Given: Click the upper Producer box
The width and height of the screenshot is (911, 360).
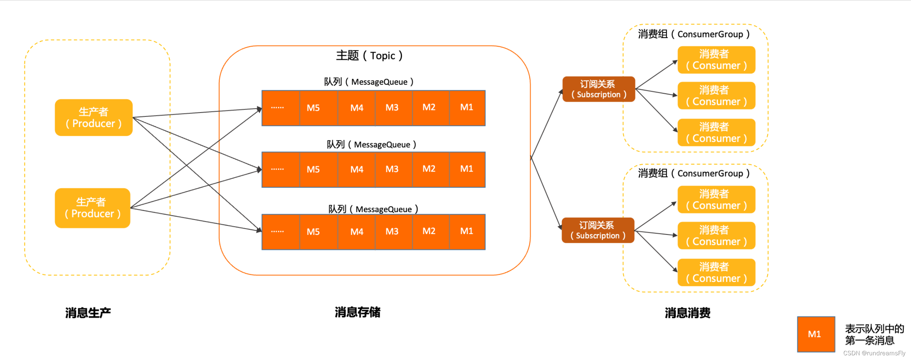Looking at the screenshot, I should [x=94, y=118].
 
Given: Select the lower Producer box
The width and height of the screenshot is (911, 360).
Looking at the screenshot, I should [x=93, y=208].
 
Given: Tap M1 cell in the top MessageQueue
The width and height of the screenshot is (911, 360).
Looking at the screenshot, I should [x=467, y=107].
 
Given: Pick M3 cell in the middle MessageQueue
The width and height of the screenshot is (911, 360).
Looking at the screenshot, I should [x=392, y=169].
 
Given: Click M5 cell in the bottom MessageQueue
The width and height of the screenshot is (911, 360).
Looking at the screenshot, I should [x=313, y=232].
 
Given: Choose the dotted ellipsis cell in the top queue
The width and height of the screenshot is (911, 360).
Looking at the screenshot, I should [x=277, y=108].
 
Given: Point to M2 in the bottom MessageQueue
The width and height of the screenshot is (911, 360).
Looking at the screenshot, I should [x=429, y=231].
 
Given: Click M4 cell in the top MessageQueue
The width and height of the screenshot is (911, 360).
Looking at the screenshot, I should [x=357, y=108].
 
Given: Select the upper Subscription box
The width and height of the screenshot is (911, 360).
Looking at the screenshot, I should [x=599, y=89].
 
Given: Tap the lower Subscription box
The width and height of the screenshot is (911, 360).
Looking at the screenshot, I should [x=598, y=230].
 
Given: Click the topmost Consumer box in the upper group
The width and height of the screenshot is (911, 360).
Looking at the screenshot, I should [x=716, y=60].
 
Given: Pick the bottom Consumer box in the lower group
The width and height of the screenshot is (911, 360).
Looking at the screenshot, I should [x=716, y=272].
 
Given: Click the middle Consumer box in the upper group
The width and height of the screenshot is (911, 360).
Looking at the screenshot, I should [x=716, y=96].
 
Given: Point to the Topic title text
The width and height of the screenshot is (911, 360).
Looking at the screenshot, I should [x=369, y=56].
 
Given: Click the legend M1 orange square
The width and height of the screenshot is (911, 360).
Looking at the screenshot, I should [x=816, y=334].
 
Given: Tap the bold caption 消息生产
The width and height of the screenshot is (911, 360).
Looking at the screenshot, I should [x=88, y=313].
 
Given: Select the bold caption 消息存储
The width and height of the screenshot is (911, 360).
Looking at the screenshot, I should [x=357, y=312].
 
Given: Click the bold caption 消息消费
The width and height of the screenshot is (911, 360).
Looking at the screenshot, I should [x=687, y=313].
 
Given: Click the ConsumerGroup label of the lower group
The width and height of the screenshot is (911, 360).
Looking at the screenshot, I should [x=694, y=173].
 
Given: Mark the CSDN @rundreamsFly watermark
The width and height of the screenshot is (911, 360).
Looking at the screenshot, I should [x=874, y=353].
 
